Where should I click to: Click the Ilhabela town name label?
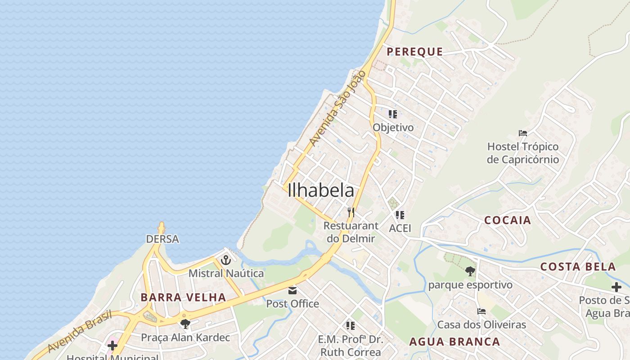pos(320,190)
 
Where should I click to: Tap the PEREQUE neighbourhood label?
pos(414,52)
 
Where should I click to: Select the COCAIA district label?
pos(508,220)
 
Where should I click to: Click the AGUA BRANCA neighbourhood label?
pos(454,342)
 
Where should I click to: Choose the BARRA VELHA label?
pos(183,297)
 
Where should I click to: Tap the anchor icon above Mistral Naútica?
pos(225,260)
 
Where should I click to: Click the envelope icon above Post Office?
pos(292,290)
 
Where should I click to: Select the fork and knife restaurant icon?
pos(351,212)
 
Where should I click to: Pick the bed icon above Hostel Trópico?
pos(522,133)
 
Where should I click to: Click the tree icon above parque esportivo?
pos(470,271)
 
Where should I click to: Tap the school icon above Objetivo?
pos(393,114)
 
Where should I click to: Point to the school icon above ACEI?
pos(400,215)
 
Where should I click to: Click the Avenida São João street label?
pos(337,108)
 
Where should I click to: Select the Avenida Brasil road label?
pos(80,332)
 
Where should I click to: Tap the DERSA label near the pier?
pos(162,239)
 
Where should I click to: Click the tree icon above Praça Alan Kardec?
pos(185,324)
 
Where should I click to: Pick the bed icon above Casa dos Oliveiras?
pos(481,311)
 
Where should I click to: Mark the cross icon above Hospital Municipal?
pos(112,346)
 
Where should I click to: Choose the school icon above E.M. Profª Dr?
pos(350,325)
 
